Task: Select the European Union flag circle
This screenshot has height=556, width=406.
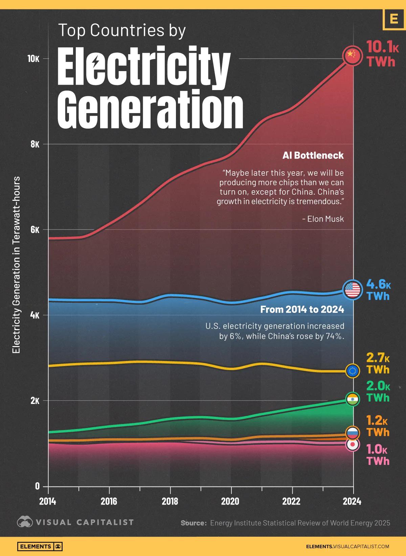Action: click(353, 371)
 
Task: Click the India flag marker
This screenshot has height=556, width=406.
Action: click(353, 399)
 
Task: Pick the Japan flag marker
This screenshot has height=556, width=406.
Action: click(353, 444)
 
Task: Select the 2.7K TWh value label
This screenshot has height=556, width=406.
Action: click(378, 363)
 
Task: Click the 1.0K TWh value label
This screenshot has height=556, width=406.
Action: click(378, 455)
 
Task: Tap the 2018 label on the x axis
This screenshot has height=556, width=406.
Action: click(170, 501)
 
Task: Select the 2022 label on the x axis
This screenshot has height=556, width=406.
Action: click(292, 501)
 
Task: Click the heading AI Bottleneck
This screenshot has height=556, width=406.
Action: click(313, 155)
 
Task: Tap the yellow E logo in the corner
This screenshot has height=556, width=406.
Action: click(393, 19)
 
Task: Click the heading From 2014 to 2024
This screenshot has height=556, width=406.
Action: click(302, 309)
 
